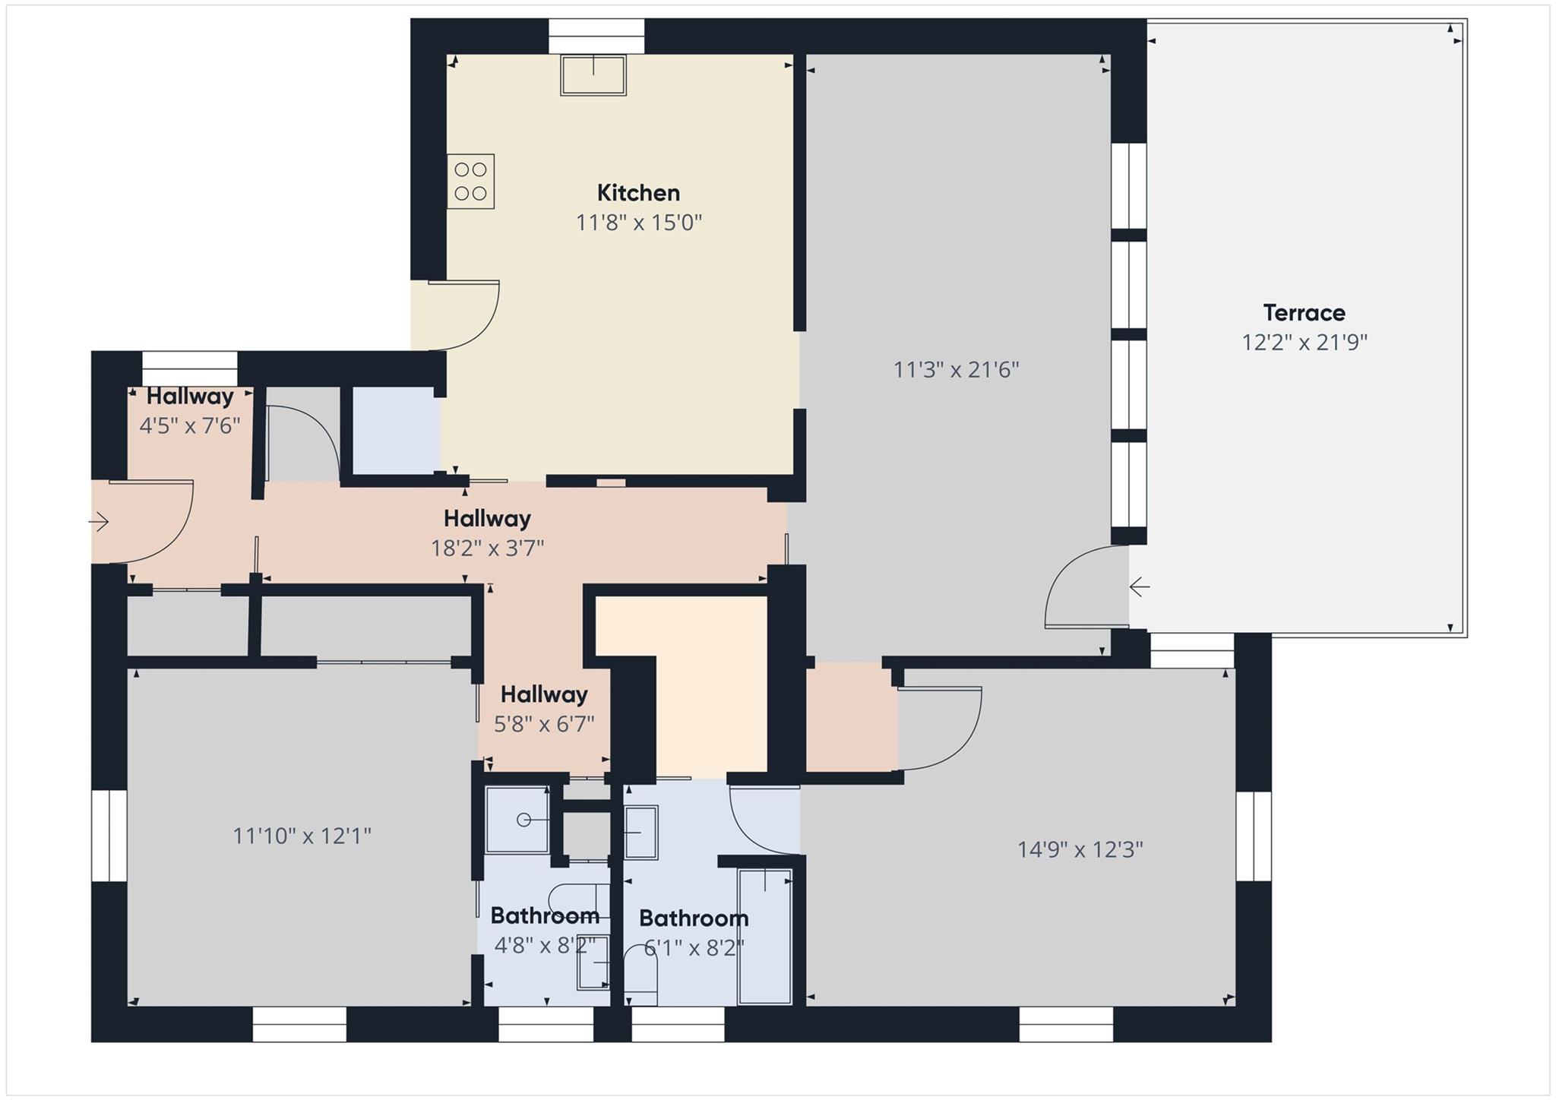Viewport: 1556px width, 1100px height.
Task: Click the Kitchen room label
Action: click(638, 193)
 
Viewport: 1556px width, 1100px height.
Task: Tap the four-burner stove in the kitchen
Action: click(470, 182)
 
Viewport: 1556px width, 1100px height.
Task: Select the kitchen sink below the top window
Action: click(593, 74)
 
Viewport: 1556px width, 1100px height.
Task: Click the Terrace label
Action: click(1304, 313)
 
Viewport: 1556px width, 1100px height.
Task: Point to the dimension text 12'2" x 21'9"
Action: click(1304, 343)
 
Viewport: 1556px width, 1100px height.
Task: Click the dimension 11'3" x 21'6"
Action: click(956, 370)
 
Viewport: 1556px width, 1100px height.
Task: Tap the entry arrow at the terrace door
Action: click(1139, 586)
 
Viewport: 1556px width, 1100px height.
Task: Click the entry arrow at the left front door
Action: click(99, 522)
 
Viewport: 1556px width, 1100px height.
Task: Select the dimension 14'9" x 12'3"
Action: click(1080, 849)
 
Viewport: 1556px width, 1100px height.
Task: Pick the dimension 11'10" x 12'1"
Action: click(302, 836)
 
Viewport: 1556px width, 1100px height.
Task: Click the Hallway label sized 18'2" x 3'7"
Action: click(487, 519)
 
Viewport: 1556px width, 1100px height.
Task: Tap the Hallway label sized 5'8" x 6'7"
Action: click(543, 694)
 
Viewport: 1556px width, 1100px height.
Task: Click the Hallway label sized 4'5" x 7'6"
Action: click(190, 397)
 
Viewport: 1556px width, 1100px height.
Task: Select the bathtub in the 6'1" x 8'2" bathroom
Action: click(764, 937)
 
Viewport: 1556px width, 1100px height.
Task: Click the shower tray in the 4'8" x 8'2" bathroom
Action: click(517, 820)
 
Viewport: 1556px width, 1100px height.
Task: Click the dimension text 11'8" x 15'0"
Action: click(638, 223)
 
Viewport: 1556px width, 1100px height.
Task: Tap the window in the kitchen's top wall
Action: click(596, 36)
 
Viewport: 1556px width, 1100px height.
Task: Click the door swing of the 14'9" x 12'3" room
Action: click(942, 729)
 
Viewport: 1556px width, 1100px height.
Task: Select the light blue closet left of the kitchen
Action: click(396, 430)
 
